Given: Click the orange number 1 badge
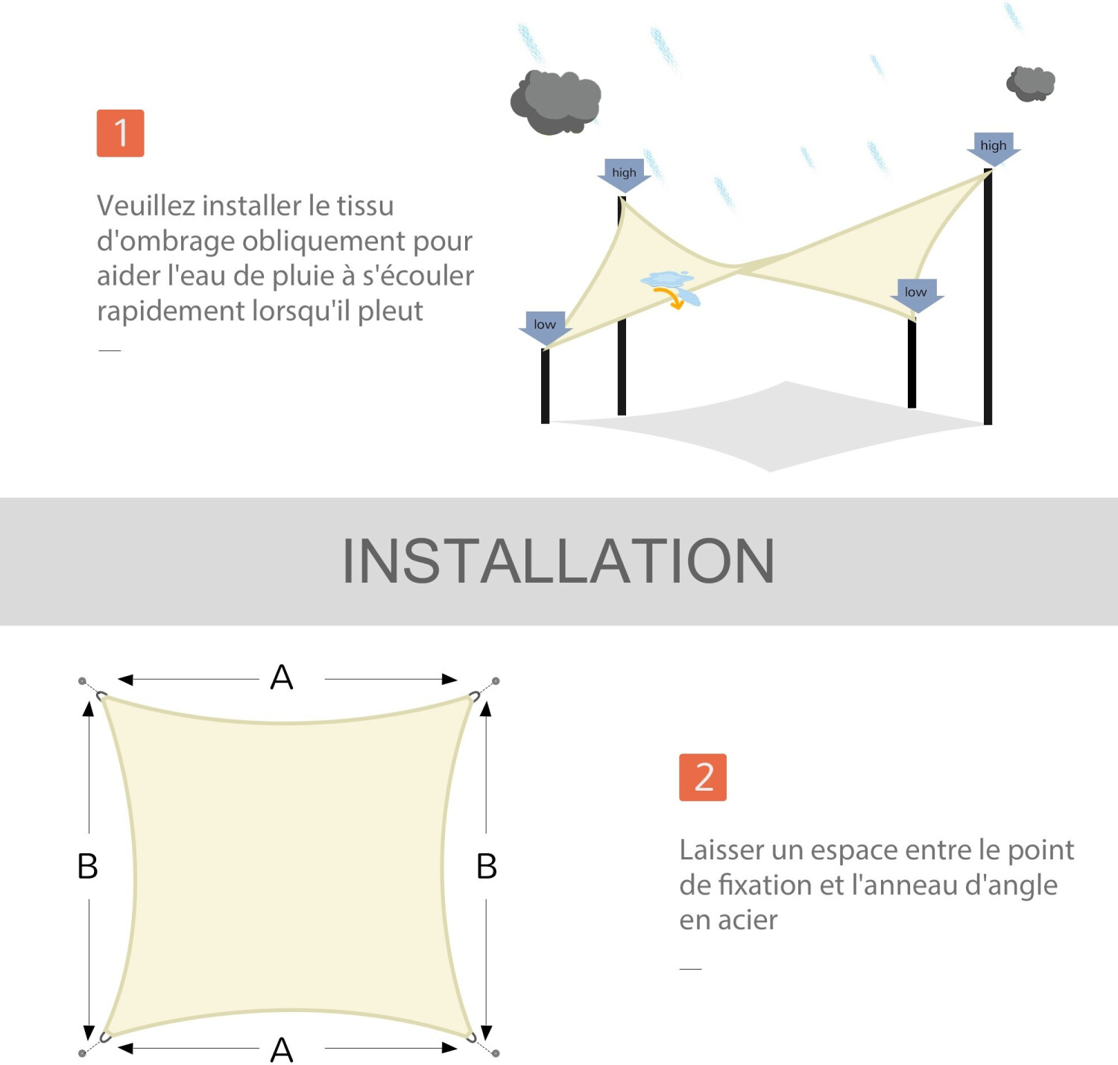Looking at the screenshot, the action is (120, 133).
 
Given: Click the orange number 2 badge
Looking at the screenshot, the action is (702, 777).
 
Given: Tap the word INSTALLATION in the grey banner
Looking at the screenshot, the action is (558, 561).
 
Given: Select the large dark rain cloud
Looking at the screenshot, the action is (555, 102).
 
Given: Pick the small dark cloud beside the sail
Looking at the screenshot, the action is (1031, 83).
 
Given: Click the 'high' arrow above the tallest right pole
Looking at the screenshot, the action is (993, 148).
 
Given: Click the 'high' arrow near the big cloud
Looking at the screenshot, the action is (624, 174).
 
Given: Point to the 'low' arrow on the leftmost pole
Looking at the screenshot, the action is (545, 326).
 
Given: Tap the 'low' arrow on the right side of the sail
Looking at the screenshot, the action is (916, 294).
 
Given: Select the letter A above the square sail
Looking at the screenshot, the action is (282, 677).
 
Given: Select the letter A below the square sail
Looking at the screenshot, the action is (282, 1050).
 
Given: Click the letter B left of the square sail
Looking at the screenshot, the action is (88, 866).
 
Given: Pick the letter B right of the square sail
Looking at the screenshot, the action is (487, 866).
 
